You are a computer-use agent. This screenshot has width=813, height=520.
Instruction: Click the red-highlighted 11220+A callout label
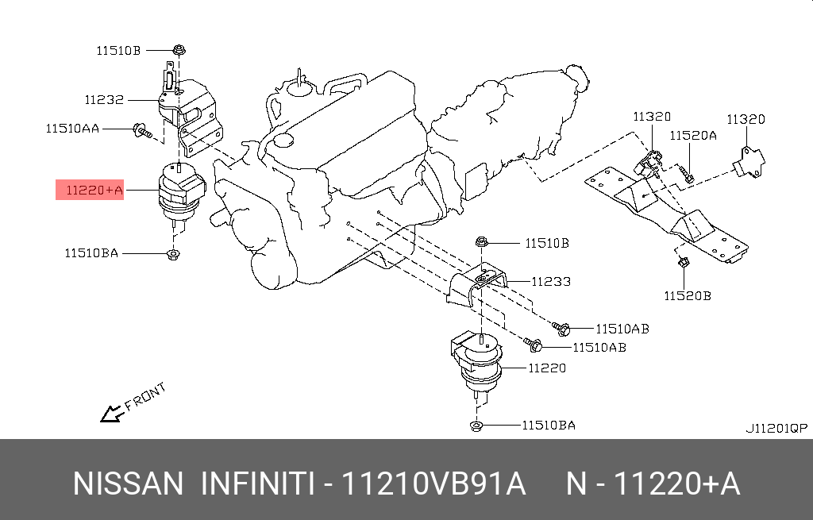[89, 190]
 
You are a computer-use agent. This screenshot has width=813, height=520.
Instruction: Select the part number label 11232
[104, 100]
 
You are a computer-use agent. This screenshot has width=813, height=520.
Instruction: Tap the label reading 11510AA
[72, 128]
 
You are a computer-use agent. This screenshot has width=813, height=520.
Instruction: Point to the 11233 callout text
[551, 281]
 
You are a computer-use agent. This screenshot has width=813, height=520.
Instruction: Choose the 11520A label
[693, 136]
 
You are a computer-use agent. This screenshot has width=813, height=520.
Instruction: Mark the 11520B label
[688, 296]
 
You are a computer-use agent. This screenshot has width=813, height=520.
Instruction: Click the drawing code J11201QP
[776, 428]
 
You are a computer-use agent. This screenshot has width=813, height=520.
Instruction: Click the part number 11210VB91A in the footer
[433, 483]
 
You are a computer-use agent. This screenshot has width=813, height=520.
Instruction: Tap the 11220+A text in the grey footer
[680, 483]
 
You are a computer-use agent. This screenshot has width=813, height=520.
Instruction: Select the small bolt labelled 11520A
[686, 174]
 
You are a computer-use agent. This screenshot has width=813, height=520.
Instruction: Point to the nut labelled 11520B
[682, 262]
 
